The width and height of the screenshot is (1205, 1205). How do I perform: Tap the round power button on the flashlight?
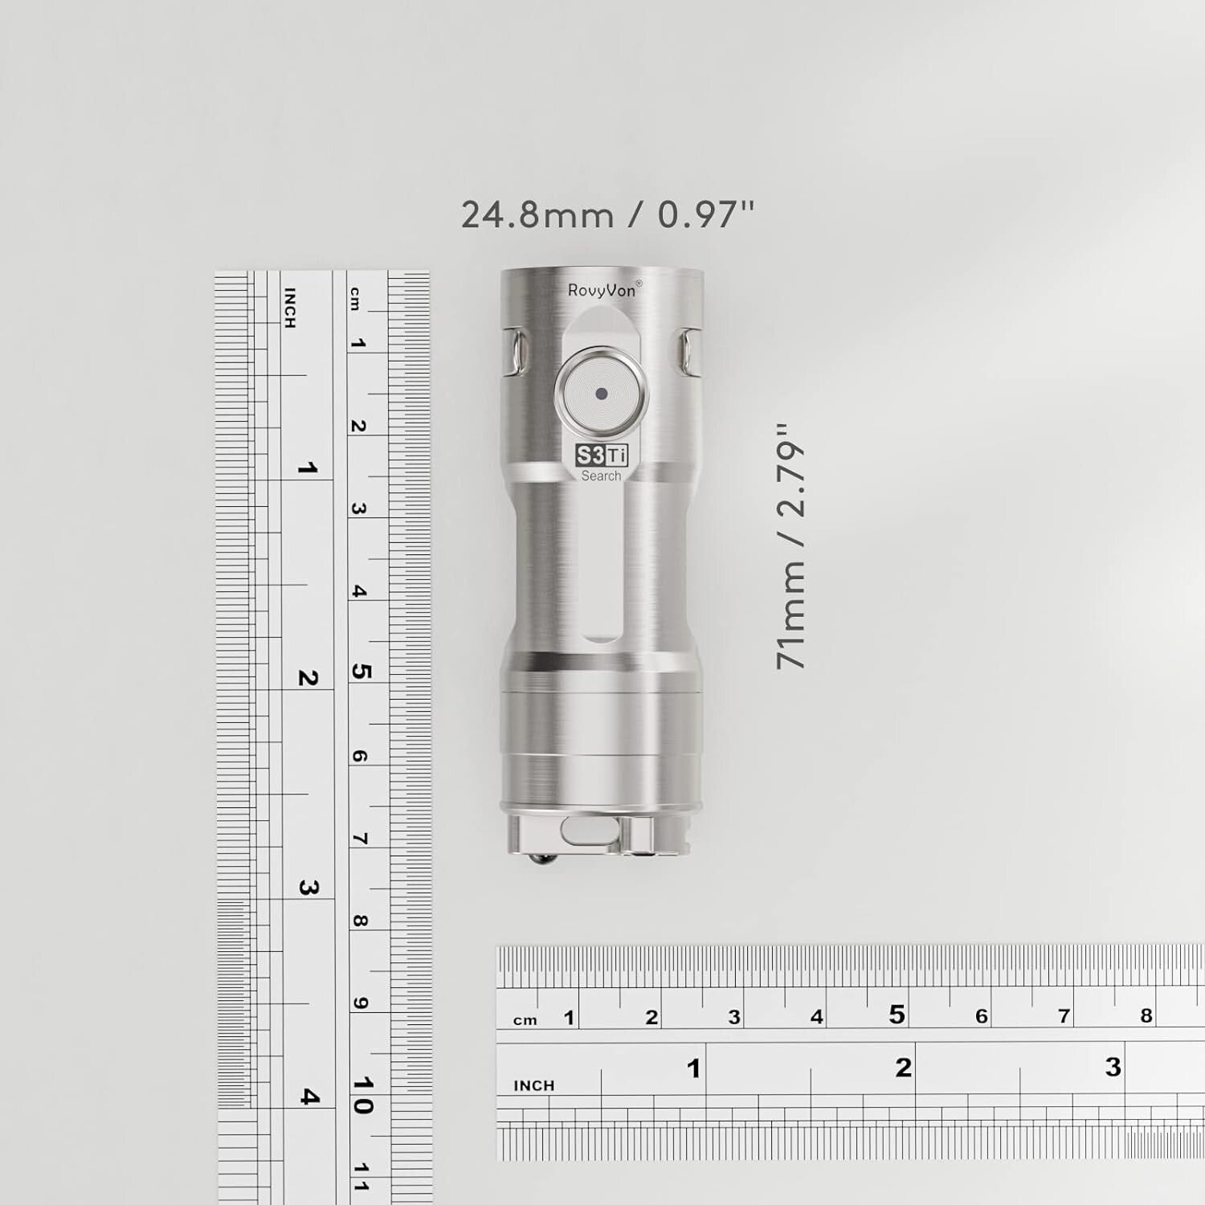[601, 394]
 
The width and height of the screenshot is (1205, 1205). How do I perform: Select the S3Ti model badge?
[602, 456]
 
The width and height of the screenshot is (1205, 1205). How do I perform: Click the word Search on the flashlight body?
[601, 476]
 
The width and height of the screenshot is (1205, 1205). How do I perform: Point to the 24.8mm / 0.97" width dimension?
[607, 214]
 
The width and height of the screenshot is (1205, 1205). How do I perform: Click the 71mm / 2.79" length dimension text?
[790, 546]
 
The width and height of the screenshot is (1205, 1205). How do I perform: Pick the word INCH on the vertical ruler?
[290, 308]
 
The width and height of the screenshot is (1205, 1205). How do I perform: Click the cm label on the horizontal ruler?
[525, 1020]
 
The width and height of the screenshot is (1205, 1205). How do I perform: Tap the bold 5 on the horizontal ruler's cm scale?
[897, 1015]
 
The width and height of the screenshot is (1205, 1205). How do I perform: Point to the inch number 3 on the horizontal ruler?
[1113, 1067]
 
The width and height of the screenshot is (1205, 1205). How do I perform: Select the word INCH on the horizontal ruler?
[534, 1085]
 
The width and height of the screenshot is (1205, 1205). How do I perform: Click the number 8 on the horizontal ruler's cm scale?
[1146, 1015]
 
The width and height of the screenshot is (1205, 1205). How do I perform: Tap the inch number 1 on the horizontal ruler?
[694, 1068]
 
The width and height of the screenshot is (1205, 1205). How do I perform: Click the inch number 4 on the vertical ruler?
[308, 1097]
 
